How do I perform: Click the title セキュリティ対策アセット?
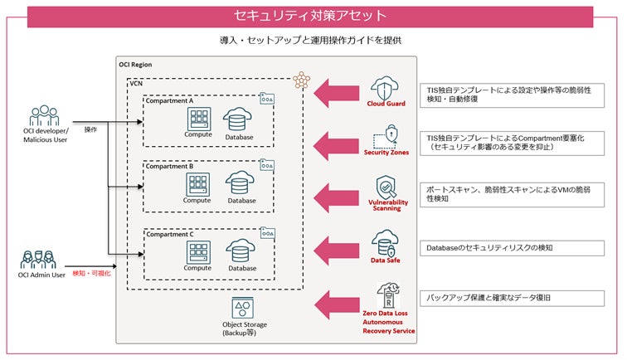(313, 16)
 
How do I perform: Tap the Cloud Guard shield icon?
(386, 87)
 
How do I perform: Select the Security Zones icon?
(386, 134)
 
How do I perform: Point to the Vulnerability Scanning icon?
(387, 186)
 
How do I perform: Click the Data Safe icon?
(386, 243)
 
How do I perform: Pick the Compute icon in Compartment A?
(198, 119)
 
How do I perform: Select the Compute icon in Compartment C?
(198, 250)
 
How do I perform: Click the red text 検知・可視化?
(91, 273)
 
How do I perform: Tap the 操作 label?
(91, 130)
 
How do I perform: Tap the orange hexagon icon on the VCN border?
(299, 80)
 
